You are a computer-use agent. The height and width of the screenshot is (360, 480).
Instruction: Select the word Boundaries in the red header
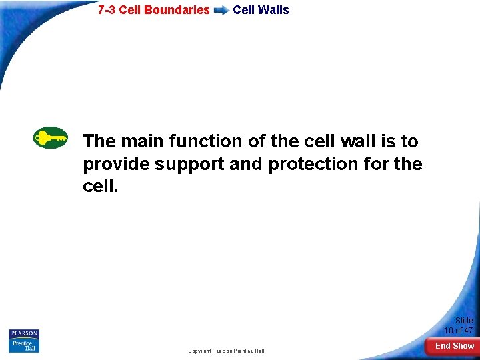click(181, 10)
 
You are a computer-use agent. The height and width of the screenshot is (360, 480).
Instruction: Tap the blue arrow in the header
click(221, 11)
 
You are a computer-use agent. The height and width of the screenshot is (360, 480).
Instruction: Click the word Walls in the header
click(275, 10)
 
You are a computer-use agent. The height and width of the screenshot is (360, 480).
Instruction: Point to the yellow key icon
click(51, 138)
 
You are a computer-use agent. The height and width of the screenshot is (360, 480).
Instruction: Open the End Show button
click(455, 346)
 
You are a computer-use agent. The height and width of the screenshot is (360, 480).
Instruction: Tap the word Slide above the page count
click(464, 321)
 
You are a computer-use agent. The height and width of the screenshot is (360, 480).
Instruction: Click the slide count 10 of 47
click(459, 331)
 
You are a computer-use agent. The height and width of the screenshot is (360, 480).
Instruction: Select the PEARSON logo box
click(24, 334)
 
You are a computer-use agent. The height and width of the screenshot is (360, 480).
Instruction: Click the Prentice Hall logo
click(24, 346)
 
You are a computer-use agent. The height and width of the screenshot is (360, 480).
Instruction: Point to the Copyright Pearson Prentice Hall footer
click(226, 351)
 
